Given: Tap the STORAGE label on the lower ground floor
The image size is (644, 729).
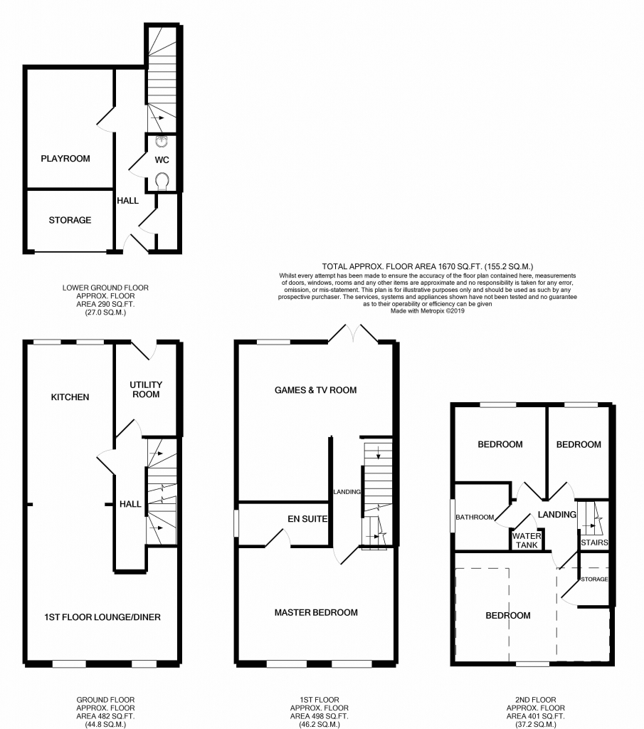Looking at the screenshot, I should [x=70, y=220].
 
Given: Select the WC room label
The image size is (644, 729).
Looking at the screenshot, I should [x=161, y=159].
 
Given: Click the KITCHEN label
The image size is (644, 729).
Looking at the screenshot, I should [x=70, y=397].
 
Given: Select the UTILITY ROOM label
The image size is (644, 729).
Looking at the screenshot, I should [x=145, y=389].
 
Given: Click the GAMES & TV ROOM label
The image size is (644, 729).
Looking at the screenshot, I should [x=315, y=390].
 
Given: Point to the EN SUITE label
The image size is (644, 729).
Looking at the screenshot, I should [x=303, y=520].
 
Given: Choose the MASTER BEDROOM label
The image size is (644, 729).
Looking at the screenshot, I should [x=315, y=612].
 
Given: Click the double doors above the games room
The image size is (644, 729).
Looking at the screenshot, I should [x=353, y=335].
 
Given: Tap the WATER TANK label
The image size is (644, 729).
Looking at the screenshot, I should [x=527, y=540].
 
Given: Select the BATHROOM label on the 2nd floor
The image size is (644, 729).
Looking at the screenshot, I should [x=475, y=518].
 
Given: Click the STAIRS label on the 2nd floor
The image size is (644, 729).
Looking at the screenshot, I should [x=594, y=542].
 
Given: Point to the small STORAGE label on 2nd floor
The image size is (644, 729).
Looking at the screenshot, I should [x=594, y=579].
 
